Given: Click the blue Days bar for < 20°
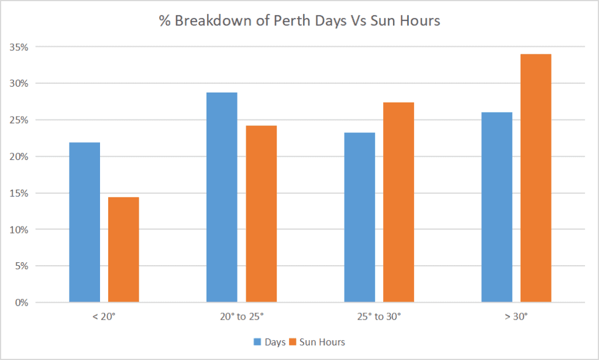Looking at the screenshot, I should (x=85, y=222).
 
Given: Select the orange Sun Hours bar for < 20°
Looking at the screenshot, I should (x=123, y=250).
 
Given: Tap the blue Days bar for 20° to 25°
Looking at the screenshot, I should (x=222, y=197).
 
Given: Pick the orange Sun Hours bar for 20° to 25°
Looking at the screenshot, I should (x=261, y=214).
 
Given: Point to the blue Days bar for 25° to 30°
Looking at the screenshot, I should (x=360, y=217).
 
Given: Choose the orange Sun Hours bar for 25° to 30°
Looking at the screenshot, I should (x=398, y=203).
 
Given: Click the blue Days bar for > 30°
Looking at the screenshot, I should (x=497, y=207).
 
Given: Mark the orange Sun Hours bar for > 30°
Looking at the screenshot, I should (x=536, y=178).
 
